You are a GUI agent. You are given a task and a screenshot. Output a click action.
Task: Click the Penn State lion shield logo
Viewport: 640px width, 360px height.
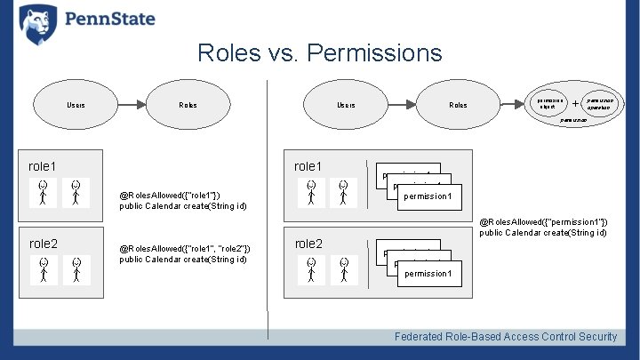click(x=37, y=23)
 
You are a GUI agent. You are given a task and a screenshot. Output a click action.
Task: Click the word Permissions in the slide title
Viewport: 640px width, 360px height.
click(x=373, y=53)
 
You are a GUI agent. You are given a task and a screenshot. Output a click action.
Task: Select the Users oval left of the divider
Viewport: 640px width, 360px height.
click(x=76, y=105)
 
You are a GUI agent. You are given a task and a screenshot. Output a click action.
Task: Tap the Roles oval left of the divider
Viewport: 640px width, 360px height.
click(x=188, y=105)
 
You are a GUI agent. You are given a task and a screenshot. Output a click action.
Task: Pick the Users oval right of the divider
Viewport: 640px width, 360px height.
click(x=346, y=105)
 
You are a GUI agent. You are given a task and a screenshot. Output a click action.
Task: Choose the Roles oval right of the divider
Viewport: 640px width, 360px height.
click(x=458, y=105)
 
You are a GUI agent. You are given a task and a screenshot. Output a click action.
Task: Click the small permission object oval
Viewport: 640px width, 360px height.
click(x=548, y=103)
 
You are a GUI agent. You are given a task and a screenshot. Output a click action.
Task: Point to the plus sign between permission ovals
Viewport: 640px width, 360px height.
click(x=576, y=103)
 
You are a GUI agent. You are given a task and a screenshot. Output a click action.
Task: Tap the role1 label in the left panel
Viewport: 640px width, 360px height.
click(x=43, y=166)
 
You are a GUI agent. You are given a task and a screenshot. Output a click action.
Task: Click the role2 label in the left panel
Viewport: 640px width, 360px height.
click(x=43, y=244)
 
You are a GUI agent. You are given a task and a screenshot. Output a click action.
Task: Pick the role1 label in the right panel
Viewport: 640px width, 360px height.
click(x=308, y=166)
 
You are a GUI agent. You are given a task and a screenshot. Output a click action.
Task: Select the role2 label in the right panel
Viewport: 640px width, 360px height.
click(x=308, y=244)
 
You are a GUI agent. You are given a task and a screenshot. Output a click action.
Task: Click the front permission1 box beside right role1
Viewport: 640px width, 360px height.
click(x=428, y=196)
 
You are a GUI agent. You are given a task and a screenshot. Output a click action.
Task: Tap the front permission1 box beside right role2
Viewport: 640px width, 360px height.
click(x=428, y=274)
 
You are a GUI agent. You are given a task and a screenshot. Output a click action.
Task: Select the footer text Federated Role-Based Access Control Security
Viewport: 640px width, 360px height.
click(x=506, y=336)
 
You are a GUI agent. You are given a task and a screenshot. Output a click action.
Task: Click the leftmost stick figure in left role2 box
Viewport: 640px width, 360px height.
click(x=44, y=269)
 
